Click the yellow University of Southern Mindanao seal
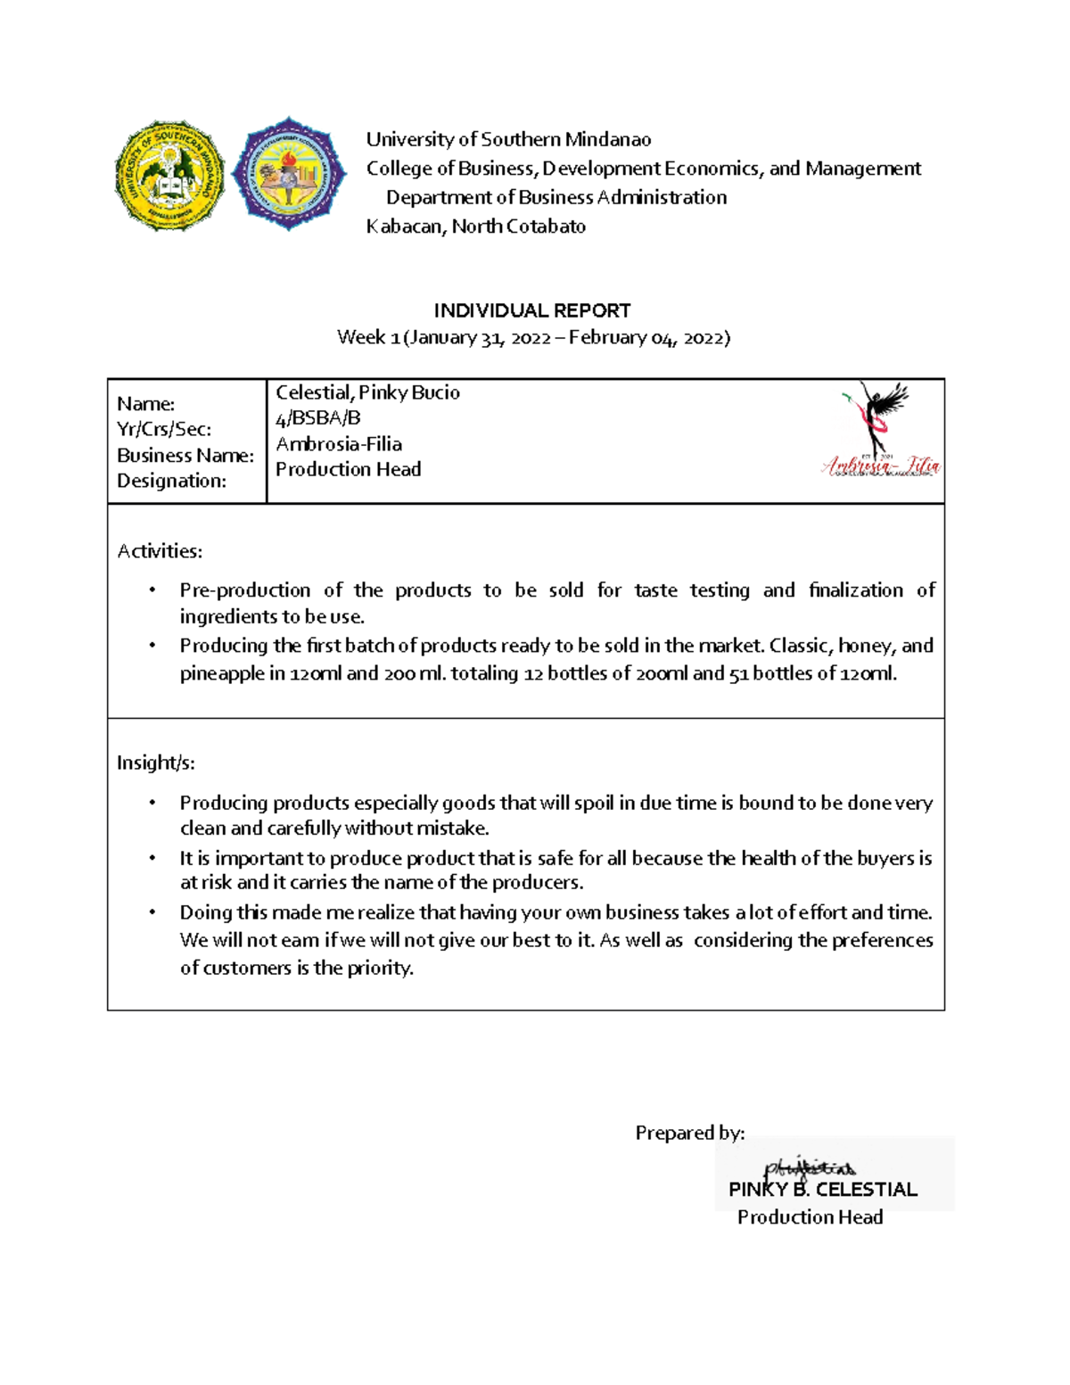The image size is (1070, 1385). (169, 176)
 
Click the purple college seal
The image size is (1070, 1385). (288, 174)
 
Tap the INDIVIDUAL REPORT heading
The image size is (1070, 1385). (531, 310)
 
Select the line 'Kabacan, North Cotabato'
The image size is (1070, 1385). (475, 227)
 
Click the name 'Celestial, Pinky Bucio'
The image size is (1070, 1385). (367, 392)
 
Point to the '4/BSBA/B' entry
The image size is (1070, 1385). (317, 418)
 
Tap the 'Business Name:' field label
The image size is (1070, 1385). (185, 456)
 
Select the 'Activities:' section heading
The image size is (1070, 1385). (160, 551)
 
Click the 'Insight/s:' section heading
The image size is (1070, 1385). (156, 763)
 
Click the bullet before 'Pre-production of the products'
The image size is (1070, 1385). (152, 590)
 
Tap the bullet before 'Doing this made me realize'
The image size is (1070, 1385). (152, 912)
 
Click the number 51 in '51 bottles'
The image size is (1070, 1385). (738, 673)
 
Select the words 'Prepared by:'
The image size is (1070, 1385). (689, 1133)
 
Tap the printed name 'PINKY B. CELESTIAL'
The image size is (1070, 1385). (822, 1190)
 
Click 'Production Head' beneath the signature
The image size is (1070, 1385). (810, 1217)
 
